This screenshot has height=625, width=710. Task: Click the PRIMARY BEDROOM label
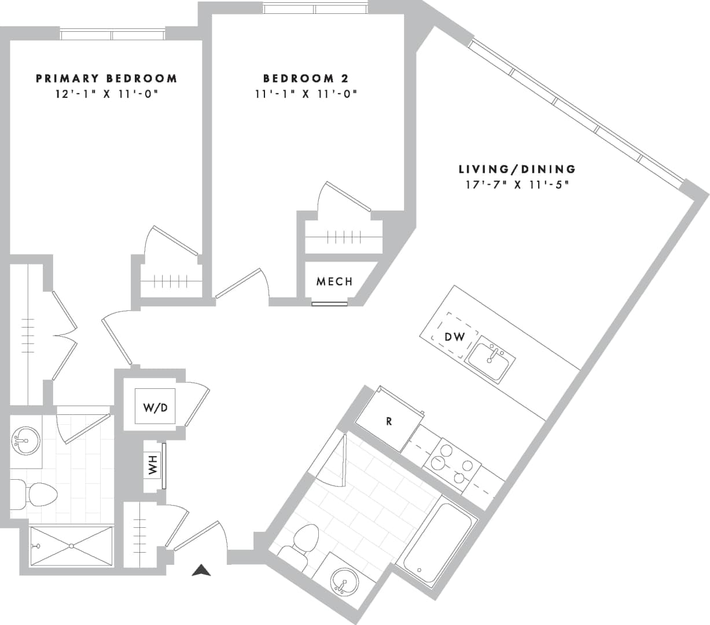click(x=106, y=78)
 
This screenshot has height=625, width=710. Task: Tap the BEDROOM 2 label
click(x=306, y=78)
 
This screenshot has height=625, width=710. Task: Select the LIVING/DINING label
click(x=517, y=169)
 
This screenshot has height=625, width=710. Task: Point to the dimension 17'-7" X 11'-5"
click(x=517, y=185)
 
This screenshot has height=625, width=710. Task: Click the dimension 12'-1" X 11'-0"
click(x=106, y=94)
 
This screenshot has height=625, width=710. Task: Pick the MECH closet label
click(x=334, y=282)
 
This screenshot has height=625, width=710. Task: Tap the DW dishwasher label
click(x=455, y=337)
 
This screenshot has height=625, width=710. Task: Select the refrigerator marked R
click(x=389, y=422)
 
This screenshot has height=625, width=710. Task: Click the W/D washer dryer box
click(x=155, y=407)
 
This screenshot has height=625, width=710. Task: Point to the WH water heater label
click(x=153, y=465)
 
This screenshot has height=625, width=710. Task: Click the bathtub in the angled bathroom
click(x=437, y=543)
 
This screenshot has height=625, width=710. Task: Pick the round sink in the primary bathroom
click(x=25, y=441)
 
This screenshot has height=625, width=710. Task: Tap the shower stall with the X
click(x=71, y=545)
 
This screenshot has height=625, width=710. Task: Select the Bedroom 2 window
click(x=315, y=9)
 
